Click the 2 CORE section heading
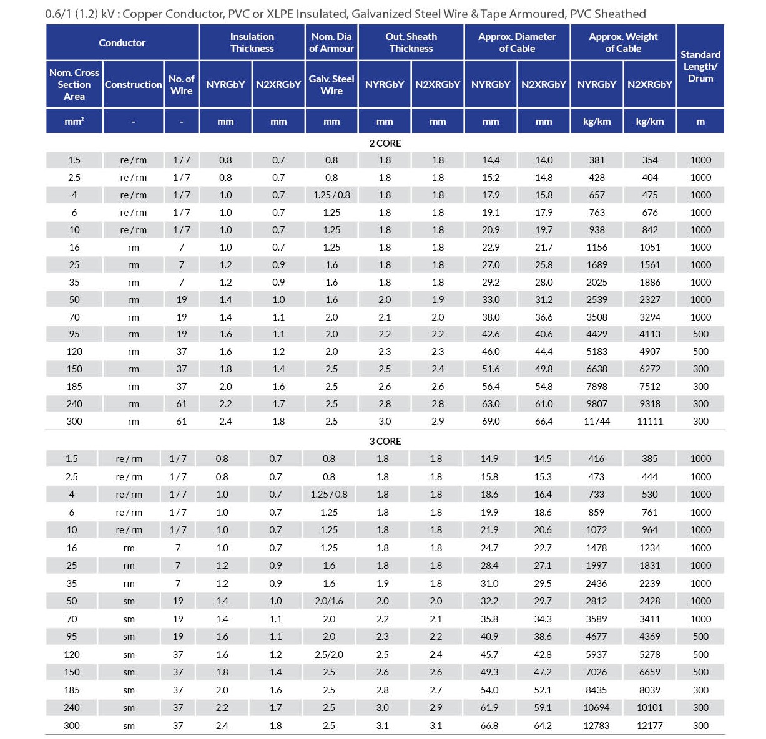pyautogui.click(x=385, y=143)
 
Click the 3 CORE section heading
pyautogui.click(x=385, y=441)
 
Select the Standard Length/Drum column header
pyautogui.click(x=700, y=66)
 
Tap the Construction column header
pyautogui.click(x=133, y=84)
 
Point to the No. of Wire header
pyautogui.click(x=181, y=84)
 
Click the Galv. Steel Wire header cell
pyautogui.click(x=331, y=84)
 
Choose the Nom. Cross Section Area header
pyautogui.click(x=74, y=84)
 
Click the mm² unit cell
pyautogui.click(x=74, y=122)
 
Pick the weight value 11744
pyautogui.click(x=596, y=421)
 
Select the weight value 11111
pyautogui.click(x=649, y=421)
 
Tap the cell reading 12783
pyautogui.click(x=596, y=725)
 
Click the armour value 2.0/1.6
pyautogui.click(x=329, y=601)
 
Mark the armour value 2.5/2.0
pyautogui.click(x=329, y=654)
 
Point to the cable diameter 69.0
pyautogui.click(x=491, y=421)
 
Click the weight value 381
pyautogui.click(x=596, y=160)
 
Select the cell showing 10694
pyautogui.click(x=596, y=707)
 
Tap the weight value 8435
pyautogui.click(x=596, y=690)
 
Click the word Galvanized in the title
pyautogui.click(x=385, y=14)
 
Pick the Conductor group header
pyautogui.click(x=122, y=42)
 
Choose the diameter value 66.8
pyautogui.click(x=489, y=725)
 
